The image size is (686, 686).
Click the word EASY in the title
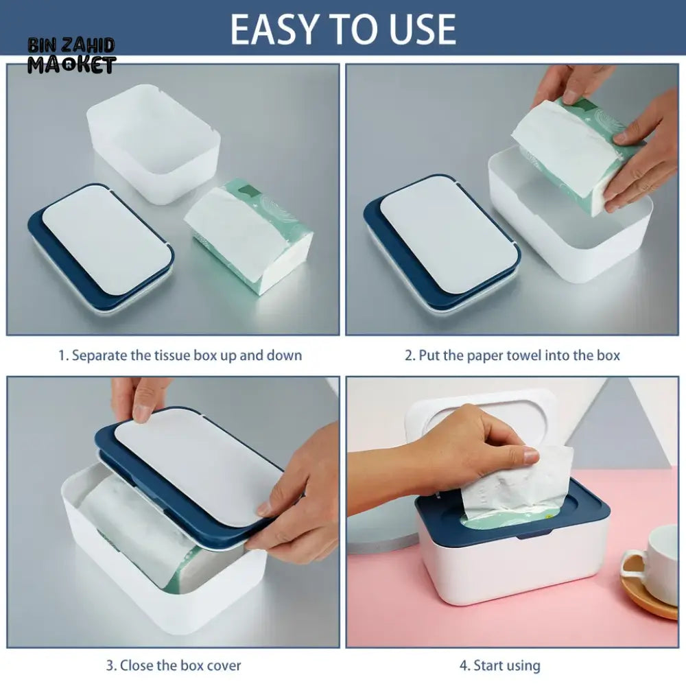[273, 29]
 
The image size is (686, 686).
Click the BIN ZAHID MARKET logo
[72, 56]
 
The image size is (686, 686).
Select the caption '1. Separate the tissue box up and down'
[180, 355]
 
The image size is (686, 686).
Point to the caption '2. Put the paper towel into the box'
[512, 355]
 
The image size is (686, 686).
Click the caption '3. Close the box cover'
[174, 665]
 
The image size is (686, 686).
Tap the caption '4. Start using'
[500, 665]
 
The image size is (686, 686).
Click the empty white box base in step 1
[154, 143]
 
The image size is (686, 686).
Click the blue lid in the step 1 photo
[102, 247]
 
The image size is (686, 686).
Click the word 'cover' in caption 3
[224, 666]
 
